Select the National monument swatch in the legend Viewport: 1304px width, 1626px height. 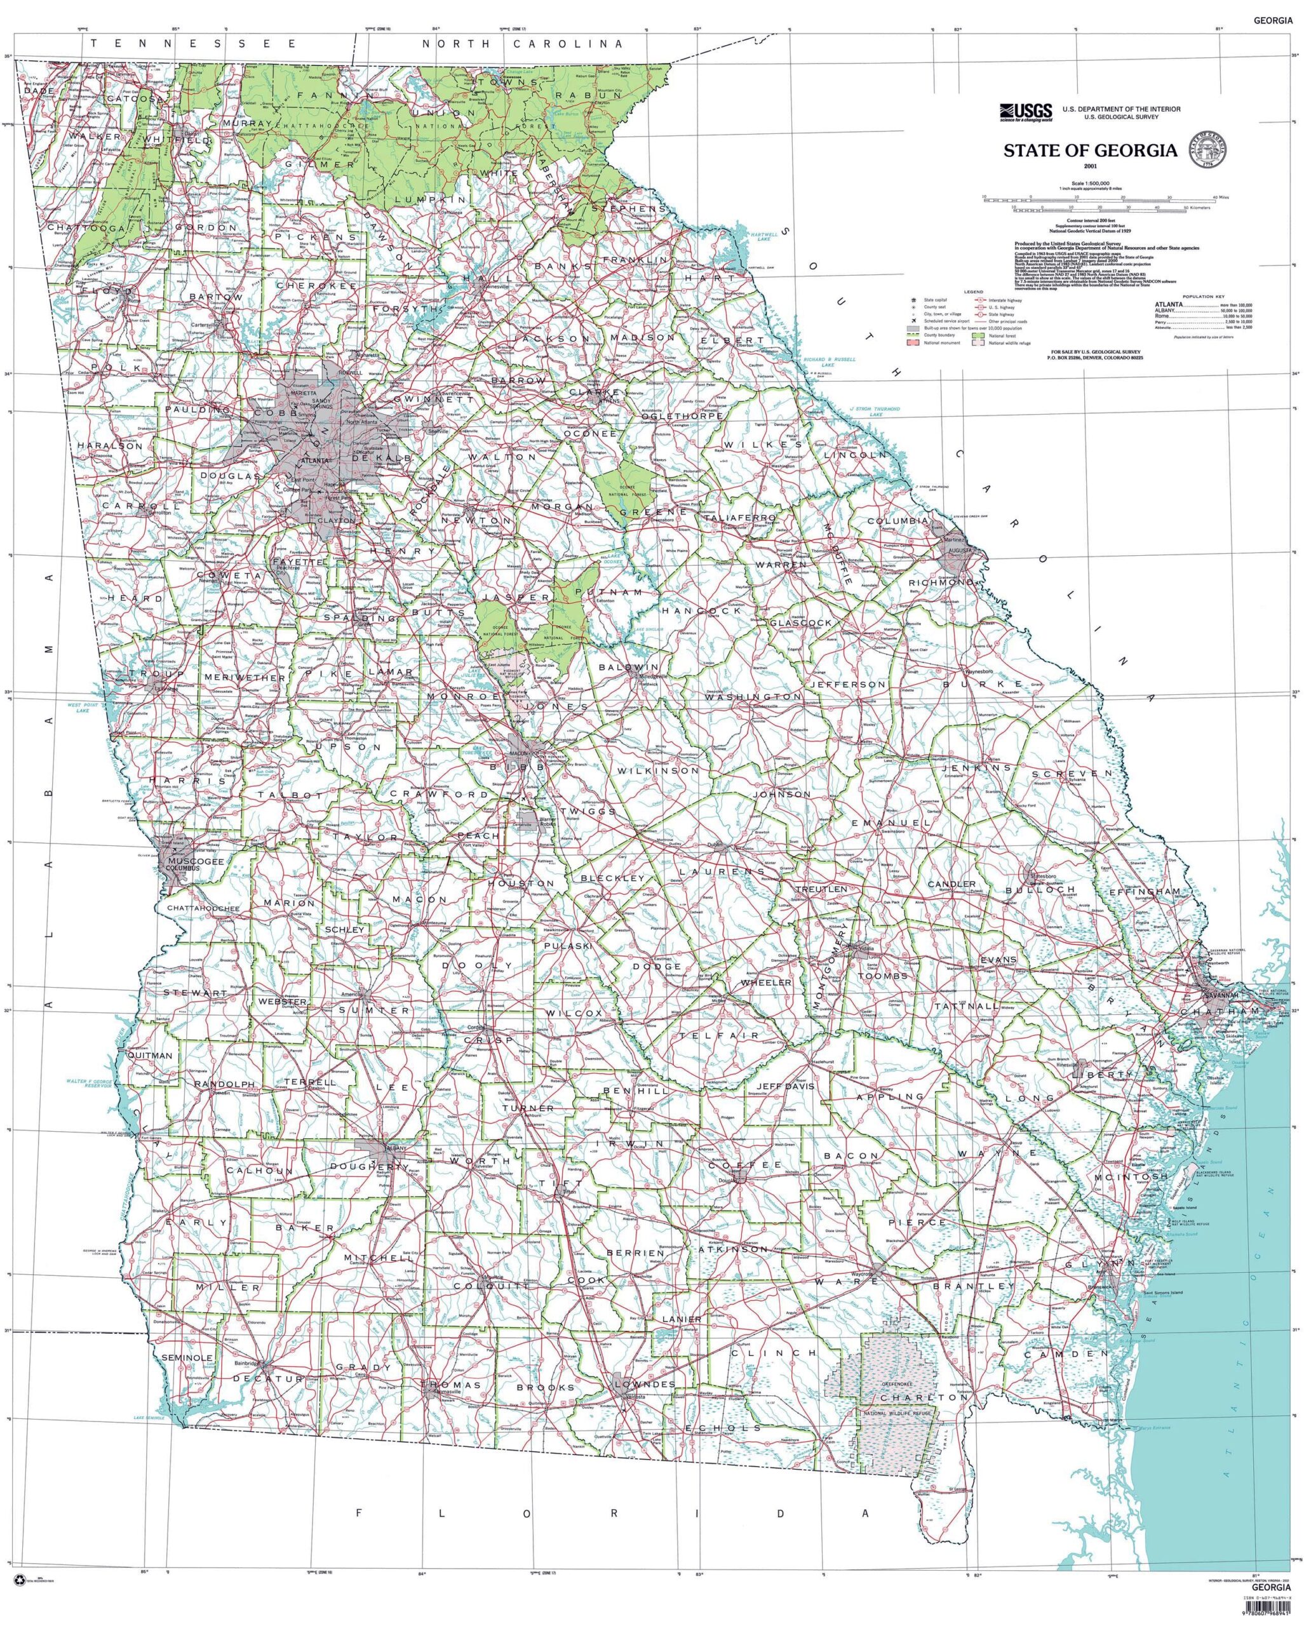coord(913,342)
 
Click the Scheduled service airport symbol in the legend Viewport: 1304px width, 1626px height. coord(913,321)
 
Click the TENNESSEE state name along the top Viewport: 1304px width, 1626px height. coord(194,44)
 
